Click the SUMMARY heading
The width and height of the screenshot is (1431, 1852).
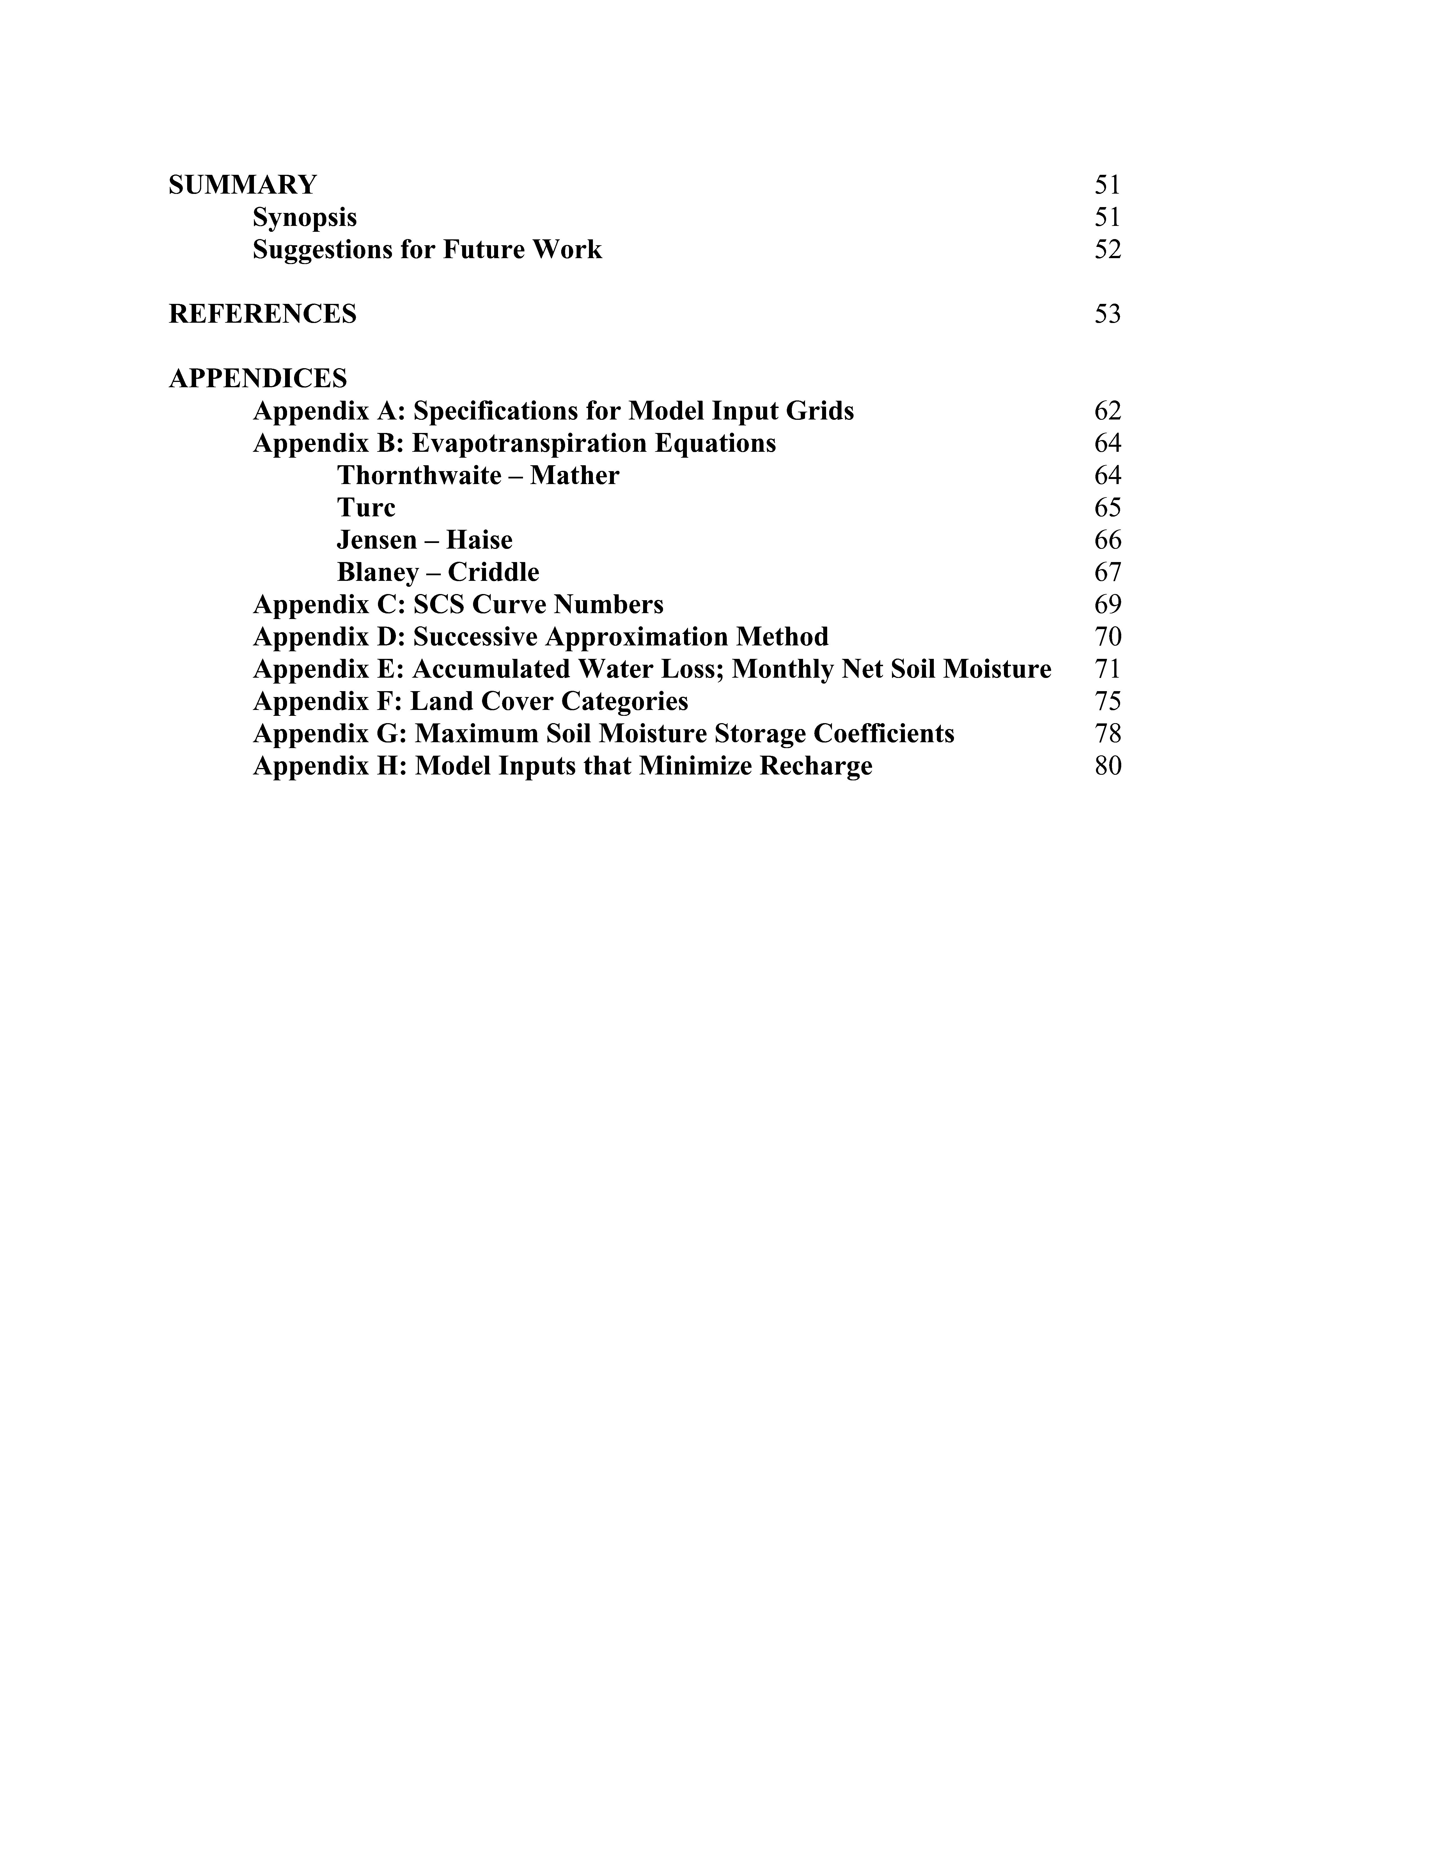[242, 185]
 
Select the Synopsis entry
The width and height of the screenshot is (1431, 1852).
[304, 218]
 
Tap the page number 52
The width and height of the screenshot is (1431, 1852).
[1107, 250]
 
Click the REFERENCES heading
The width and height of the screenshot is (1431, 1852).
[263, 315]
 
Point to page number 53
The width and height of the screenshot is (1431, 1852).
[1107, 315]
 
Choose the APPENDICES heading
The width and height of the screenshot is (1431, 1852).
[258, 378]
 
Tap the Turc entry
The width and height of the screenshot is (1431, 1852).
[366, 508]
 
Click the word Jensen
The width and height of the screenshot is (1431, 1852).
[376, 540]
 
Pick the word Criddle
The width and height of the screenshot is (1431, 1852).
[493, 572]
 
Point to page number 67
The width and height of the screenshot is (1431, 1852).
[1107, 572]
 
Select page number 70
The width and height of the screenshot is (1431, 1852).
[1107, 637]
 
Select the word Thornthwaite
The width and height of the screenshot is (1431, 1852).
[419, 476]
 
